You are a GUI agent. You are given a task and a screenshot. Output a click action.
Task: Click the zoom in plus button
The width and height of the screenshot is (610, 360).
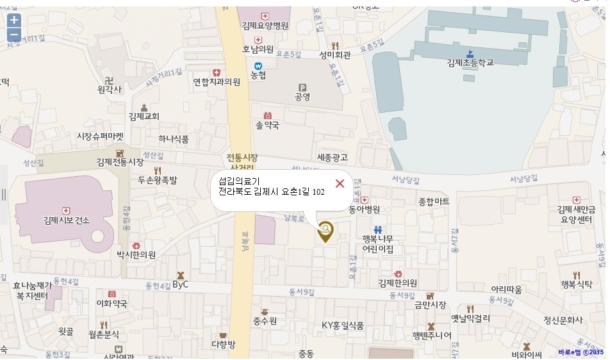click(x=14, y=20)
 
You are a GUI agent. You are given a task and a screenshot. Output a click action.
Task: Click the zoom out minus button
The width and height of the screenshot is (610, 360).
click(x=14, y=35)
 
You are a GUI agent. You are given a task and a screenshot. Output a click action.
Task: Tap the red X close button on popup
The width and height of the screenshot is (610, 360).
click(x=340, y=184)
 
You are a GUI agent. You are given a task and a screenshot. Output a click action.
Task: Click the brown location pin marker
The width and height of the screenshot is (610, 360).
click(x=326, y=232)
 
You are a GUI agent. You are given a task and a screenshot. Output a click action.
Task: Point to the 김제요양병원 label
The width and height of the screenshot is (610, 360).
click(x=265, y=26)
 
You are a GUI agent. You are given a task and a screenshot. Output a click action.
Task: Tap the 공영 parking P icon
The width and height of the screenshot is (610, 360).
click(x=302, y=88)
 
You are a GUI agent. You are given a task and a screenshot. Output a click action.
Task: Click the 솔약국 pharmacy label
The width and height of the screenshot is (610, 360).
click(x=267, y=126)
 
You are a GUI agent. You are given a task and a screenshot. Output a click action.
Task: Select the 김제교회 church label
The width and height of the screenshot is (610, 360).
click(x=144, y=117)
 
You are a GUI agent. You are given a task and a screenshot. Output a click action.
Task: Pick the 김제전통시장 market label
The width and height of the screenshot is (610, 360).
click(x=120, y=162)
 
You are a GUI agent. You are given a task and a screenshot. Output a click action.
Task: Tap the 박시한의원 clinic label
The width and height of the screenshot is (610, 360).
click(x=136, y=255)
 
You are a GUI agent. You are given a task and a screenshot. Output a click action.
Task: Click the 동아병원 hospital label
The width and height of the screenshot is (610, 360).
click(x=364, y=209)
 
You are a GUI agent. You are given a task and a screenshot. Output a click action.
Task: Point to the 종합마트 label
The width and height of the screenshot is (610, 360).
click(x=434, y=202)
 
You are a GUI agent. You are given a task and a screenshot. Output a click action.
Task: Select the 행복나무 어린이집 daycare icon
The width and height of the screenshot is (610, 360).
click(x=377, y=229)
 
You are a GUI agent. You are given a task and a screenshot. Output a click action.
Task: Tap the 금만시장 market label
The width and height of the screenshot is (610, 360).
click(x=430, y=305)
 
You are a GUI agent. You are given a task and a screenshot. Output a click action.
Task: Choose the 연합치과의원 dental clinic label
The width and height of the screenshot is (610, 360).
click(x=217, y=82)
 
